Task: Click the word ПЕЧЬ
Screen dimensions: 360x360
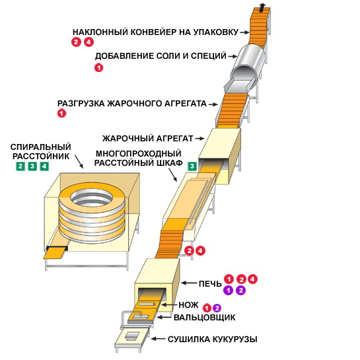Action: point(210,284)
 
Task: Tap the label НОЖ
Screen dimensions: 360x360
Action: point(188,305)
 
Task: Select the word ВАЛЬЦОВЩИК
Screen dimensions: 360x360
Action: point(205,318)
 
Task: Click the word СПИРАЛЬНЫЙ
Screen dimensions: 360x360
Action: point(41,147)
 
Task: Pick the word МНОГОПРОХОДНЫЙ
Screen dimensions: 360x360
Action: point(139,153)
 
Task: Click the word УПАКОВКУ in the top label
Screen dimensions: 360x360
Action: point(216,32)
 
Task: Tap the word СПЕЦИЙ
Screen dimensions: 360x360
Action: point(209,56)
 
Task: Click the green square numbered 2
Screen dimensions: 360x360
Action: point(20,166)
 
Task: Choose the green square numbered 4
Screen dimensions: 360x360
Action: point(44,166)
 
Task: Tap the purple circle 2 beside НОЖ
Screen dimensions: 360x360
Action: point(217,308)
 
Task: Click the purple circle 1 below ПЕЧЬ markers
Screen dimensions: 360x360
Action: point(228,291)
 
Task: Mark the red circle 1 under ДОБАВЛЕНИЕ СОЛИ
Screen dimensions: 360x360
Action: point(98,68)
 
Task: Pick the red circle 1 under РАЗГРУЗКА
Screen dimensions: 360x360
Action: point(61,113)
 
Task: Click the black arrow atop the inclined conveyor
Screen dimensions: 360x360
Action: point(262,7)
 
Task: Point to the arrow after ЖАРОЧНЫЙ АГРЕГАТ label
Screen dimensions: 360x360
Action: point(199,139)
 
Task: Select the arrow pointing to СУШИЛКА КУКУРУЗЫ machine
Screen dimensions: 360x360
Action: point(158,339)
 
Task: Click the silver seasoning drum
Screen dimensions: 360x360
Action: point(248,61)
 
